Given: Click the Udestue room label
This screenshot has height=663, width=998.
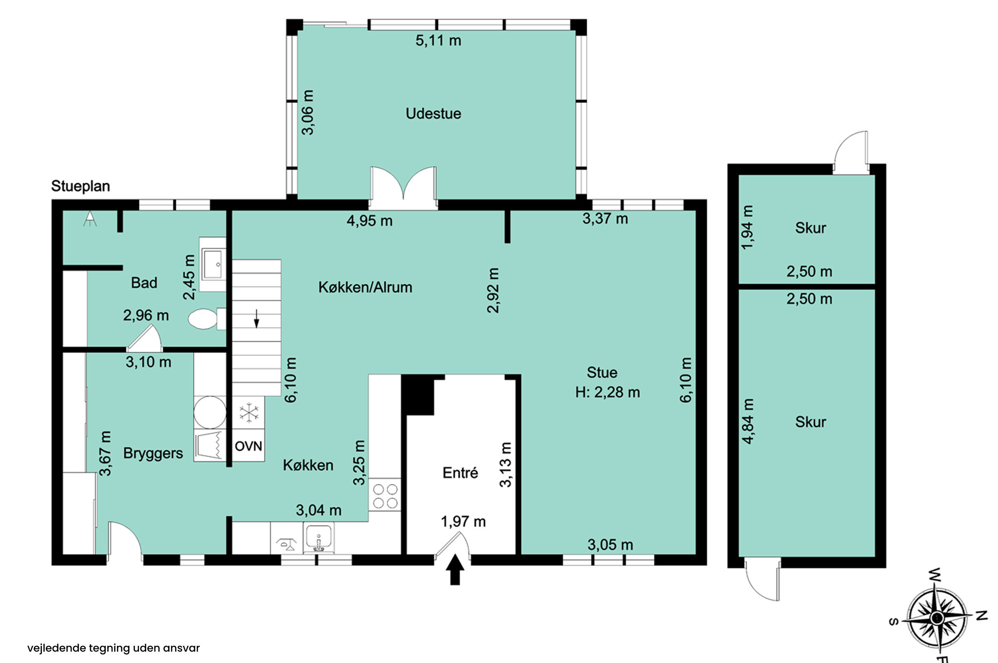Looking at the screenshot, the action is coord(433,114).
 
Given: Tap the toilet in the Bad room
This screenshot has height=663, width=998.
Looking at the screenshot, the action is coord(207,319).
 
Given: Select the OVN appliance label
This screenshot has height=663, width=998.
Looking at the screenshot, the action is coord(249,446).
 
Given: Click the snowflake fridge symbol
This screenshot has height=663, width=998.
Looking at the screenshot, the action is coord(249,412).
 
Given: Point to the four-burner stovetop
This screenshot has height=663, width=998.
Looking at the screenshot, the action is coord(385,495).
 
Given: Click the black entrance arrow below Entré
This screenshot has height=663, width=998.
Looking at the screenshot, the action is coord(455,569).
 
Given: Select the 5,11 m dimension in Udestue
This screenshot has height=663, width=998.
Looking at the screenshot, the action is coord(438,40).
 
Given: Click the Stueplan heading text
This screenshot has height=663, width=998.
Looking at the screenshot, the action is coord(80,186).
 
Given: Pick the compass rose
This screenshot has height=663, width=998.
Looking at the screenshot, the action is coord(937,618).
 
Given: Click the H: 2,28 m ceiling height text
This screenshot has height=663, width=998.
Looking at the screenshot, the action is coord(607,392).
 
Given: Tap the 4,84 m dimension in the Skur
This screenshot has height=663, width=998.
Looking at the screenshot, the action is coord(748,421).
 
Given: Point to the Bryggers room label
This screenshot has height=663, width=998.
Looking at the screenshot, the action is coord(153,453).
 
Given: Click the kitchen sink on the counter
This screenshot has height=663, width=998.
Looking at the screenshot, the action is coord(319,538).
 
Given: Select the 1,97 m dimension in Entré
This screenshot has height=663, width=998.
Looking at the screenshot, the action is coord(463,522).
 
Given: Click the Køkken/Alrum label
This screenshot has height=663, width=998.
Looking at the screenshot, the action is coord(365,287).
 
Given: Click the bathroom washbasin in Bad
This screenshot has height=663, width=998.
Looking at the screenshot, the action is coord(213,264).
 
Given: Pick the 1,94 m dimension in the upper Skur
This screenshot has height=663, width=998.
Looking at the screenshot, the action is coord(747,227).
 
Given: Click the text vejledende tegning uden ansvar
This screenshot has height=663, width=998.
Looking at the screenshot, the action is coord(114,648).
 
